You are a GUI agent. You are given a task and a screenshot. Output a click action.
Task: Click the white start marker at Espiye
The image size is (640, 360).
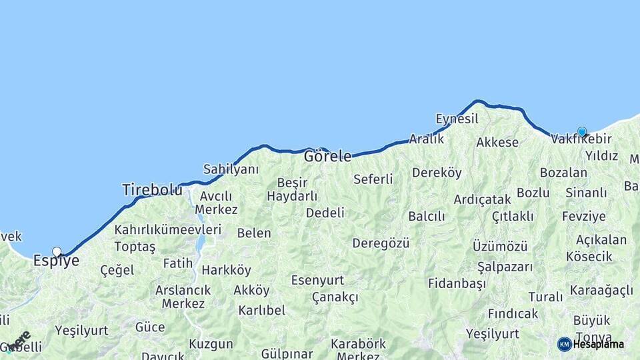pyautogui.click(x=57, y=252)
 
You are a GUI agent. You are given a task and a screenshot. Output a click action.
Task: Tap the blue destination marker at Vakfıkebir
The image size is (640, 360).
pyautogui.click(x=582, y=132)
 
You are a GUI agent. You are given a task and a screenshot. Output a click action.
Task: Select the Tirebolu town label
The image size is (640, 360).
pyautogui.click(x=152, y=190)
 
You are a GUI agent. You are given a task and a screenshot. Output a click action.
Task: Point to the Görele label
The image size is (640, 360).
pyautogui.click(x=327, y=157)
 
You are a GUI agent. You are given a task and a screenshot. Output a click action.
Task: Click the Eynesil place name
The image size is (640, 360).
pyautogui.click(x=457, y=119)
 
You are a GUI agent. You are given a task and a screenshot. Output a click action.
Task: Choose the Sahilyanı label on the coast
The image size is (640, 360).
pyautogui.click(x=231, y=169)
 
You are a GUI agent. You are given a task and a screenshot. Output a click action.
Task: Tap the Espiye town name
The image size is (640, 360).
pyautogui.click(x=56, y=261)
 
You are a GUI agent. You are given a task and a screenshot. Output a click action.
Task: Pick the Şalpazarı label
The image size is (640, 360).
pyautogui.click(x=505, y=267)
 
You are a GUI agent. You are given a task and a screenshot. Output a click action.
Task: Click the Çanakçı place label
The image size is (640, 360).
pyautogui.click(x=335, y=297)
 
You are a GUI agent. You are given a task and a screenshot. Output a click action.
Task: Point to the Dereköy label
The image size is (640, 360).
pyautogui.click(x=437, y=173)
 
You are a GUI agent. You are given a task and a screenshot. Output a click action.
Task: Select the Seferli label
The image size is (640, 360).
pyautogui.click(x=373, y=179)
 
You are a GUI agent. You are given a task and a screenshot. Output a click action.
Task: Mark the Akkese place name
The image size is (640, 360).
pyautogui.click(x=497, y=143)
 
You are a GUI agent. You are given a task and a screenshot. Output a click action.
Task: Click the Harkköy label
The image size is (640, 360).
pyautogui.click(x=226, y=271)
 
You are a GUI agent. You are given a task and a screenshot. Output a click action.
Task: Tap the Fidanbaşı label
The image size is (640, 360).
pyautogui.click(x=456, y=283)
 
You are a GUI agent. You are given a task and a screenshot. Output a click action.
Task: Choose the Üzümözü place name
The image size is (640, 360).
pyautogui.click(x=500, y=246)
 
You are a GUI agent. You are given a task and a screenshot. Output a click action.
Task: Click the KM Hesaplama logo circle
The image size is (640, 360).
pyautogui.click(x=565, y=344)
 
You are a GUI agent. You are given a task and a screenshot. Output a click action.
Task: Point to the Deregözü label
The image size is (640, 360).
pyautogui.click(x=381, y=243)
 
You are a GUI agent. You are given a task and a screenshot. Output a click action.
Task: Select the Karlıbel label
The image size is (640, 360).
pyautogui.click(x=261, y=311)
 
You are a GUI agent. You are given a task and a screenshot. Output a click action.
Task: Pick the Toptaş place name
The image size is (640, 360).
pyautogui.click(x=135, y=247)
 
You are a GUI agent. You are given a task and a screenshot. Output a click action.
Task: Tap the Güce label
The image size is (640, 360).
pyautogui.click(x=150, y=327)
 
